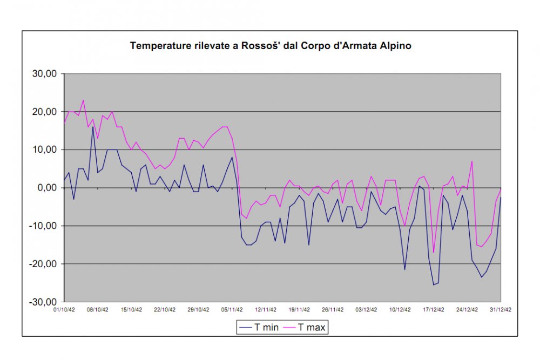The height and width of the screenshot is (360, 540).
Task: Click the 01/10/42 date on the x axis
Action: (x=64, y=310)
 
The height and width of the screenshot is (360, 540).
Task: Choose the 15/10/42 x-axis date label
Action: (x=131, y=310)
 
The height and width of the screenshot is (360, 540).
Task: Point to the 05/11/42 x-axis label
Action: (x=232, y=310)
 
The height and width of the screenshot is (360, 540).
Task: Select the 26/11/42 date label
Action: (x=333, y=310)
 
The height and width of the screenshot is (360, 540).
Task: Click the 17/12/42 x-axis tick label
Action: (x=434, y=310)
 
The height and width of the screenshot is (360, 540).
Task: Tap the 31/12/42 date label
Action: (x=501, y=310)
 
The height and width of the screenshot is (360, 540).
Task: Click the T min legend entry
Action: (x=259, y=327)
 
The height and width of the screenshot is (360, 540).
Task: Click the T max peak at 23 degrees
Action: (x=83, y=100)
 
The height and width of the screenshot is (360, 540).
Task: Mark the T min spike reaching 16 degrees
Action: (x=93, y=127)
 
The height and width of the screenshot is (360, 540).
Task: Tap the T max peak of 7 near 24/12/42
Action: (x=472, y=161)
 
